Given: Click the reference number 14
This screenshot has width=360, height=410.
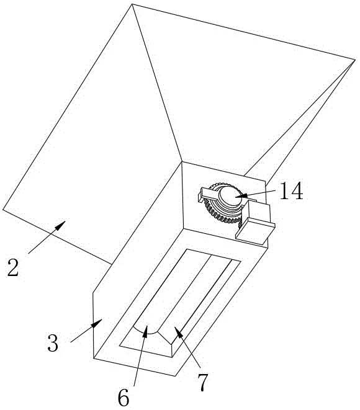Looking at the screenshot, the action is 291,191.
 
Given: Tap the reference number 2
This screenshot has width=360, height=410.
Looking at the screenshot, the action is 13,267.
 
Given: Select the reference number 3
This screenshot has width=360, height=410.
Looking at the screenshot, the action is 53,343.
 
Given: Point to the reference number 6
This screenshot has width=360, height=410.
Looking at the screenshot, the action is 124,396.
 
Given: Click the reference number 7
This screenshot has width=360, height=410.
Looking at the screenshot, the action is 202,382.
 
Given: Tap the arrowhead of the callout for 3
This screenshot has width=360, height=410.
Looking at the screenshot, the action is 97,323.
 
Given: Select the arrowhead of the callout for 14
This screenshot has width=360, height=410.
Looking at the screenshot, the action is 241,195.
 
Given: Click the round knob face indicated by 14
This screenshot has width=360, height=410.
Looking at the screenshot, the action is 231,195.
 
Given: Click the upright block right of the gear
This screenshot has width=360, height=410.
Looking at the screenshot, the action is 258,211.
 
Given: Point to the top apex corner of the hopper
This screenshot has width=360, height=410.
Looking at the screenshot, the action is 132,4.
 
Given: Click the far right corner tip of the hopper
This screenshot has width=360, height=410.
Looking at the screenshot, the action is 355,60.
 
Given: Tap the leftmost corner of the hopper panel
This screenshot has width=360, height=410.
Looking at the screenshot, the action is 3,209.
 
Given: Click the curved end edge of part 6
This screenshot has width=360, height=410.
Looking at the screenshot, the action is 146,332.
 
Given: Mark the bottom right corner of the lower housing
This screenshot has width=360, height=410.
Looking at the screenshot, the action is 175,376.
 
